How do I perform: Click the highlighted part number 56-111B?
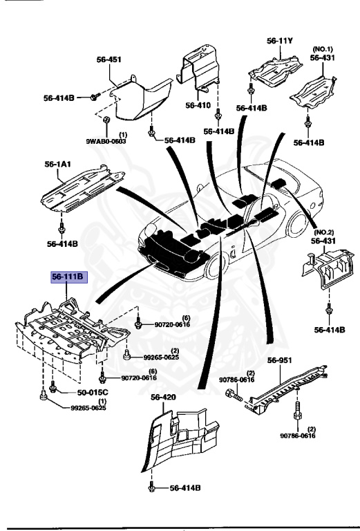click(68, 278)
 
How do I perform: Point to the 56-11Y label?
click(280, 41)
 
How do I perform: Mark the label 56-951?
click(281, 360)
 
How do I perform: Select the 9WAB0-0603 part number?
click(106, 141)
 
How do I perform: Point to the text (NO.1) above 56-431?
click(322, 49)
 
